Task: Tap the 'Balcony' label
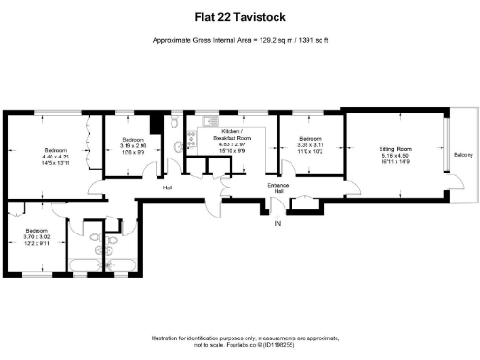[x=463, y=155]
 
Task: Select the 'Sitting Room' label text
[x=395, y=150]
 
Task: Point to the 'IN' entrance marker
[x=277, y=225]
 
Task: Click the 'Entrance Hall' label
[x=278, y=188]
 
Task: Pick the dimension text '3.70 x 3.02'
[x=37, y=236]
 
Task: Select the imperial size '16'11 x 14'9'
[x=395, y=162]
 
